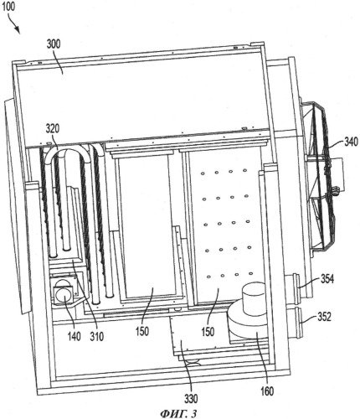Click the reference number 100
8,7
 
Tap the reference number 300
54,44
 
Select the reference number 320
53,129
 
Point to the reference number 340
351,142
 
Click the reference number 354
327,279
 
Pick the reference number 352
324,317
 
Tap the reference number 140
74,336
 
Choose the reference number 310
97,337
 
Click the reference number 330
191,398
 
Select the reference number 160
267,391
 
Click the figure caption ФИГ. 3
178,414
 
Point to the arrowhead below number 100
18,31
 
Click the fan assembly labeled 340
321,176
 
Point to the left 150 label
142,332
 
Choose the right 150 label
208,332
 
